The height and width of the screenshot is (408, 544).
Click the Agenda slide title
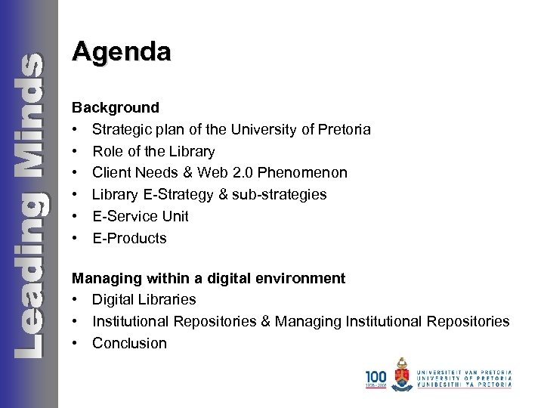(122, 52)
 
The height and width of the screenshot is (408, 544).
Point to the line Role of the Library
(153, 151)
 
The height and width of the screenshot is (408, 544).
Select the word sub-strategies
(280, 195)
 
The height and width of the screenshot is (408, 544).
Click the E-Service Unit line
(141, 216)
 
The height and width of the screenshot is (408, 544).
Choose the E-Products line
(129, 238)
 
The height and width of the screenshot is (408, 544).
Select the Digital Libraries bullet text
(144, 300)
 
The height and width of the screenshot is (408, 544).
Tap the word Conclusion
(129, 343)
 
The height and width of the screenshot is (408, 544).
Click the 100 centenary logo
(375, 378)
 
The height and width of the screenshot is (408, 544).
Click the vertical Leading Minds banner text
(28, 204)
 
